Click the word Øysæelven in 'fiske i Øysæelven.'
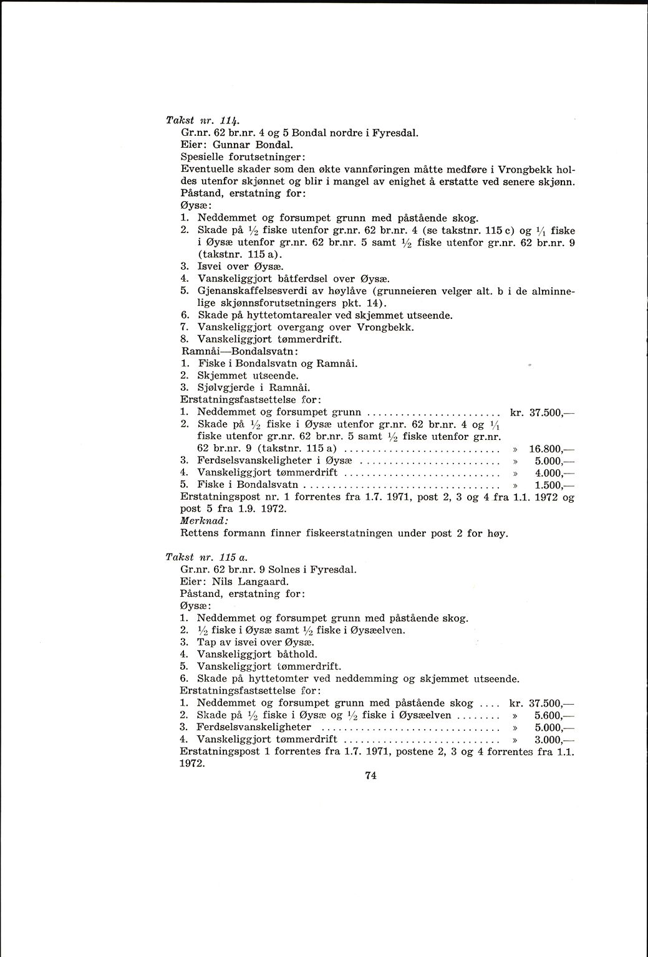[x=379, y=630]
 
